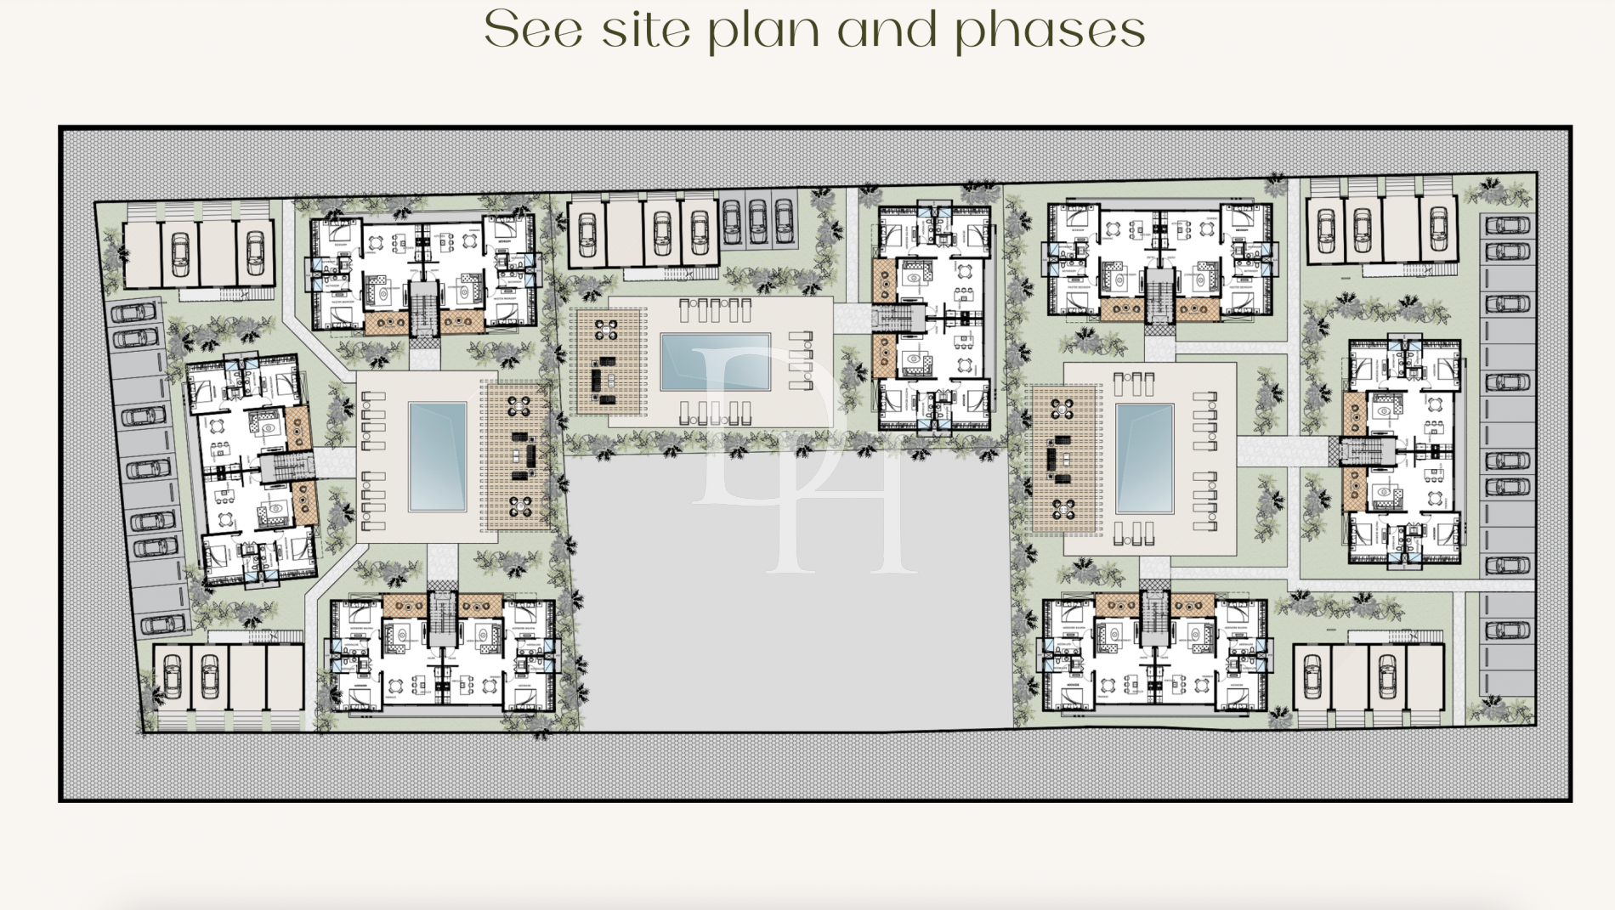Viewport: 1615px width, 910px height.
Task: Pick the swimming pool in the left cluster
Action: click(x=438, y=455)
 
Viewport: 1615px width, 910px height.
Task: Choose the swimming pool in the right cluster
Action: click(x=1144, y=459)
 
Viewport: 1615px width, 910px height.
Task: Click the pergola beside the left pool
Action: click(x=518, y=456)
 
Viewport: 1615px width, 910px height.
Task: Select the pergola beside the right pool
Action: click(x=1062, y=460)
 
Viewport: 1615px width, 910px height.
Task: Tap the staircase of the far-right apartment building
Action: click(x=1367, y=450)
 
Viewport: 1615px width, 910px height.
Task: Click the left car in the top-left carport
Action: click(x=180, y=253)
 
